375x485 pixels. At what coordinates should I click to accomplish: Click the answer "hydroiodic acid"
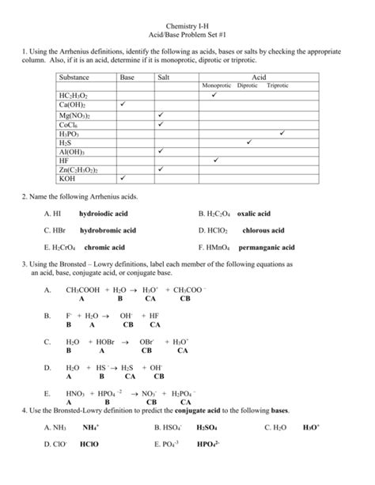tap(103, 214)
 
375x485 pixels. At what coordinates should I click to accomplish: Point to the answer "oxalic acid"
tap(253, 214)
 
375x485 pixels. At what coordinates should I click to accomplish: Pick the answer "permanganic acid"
tap(267, 247)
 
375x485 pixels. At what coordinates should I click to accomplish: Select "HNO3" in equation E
tap(77, 393)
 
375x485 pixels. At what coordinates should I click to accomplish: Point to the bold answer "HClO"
tap(89, 445)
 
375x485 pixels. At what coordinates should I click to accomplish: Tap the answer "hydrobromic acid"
tap(108, 230)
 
